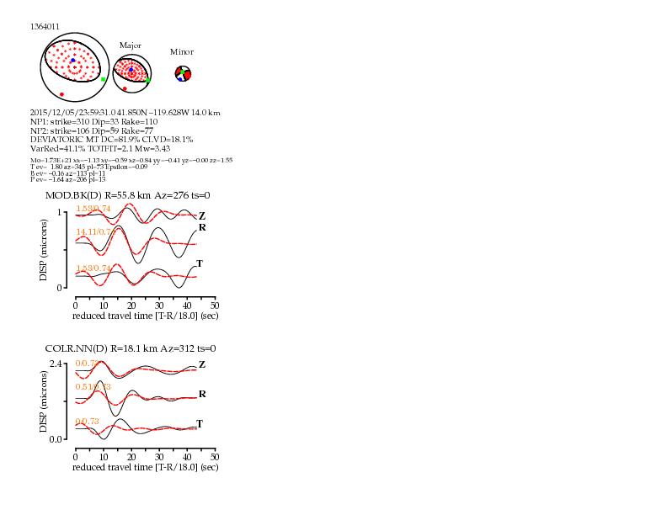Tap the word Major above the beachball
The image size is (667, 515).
point(131,45)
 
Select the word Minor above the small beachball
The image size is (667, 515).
point(182,51)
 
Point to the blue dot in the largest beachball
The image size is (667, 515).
point(73,61)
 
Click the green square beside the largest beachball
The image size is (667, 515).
point(104,79)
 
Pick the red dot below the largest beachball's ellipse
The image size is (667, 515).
point(61,94)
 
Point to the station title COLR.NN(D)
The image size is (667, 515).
point(72,348)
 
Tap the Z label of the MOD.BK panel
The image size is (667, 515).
point(202,216)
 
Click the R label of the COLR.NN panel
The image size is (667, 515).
point(202,394)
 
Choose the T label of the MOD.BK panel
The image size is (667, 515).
point(200,263)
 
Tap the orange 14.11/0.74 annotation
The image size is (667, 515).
point(93,231)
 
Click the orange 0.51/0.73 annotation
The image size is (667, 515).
point(93,386)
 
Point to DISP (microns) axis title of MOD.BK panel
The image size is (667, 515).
point(45,250)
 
